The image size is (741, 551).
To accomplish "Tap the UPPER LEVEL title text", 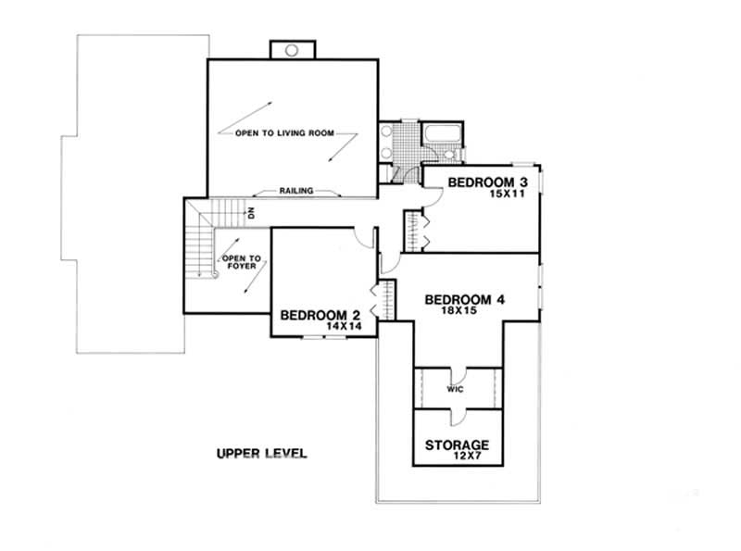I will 261,454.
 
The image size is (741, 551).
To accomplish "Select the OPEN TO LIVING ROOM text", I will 283,133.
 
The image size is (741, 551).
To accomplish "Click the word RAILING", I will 296,191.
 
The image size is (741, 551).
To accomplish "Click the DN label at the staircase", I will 250,213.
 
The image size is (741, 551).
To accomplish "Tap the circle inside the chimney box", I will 291,50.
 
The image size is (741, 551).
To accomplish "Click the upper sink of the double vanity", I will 385,131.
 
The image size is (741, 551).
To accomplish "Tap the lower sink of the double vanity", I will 385,152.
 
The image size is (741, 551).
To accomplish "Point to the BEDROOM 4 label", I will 465,299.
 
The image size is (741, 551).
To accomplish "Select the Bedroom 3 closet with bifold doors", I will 413,230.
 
